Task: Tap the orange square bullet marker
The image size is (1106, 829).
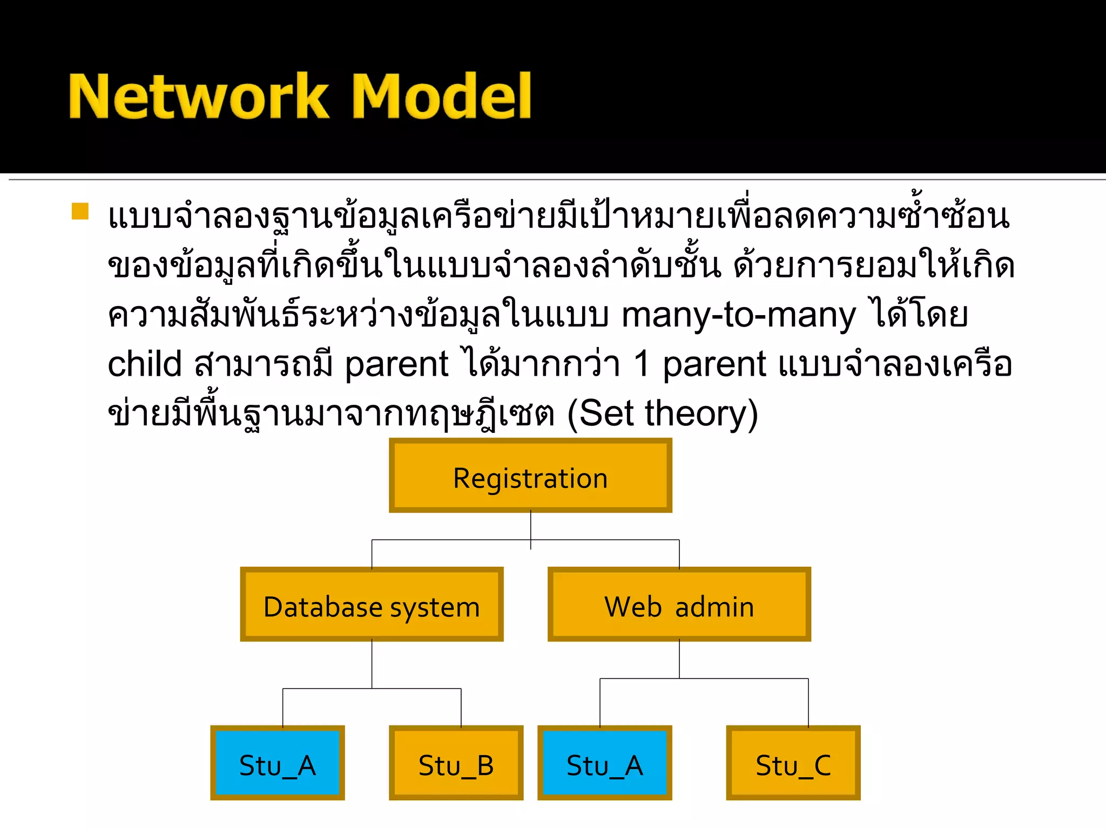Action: click(x=80, y=211)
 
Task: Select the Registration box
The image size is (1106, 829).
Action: click(x=530, y=475)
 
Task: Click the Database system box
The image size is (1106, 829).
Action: click(x=372, y=604)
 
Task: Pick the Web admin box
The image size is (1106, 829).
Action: click(x=679, y=604)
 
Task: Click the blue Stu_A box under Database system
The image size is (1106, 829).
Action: click(x=278, y=763)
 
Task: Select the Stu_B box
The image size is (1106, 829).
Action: click(x=456, y=763)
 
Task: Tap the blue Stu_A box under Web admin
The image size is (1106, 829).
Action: click(x=604, y=763)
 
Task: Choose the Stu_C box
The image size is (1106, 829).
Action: click(x=793, y=763)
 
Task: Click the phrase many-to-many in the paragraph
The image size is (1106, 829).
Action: click(x=738, y=315)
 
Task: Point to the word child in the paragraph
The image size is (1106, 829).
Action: click(x=144, y=364)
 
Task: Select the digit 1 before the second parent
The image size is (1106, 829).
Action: click(x=642, y=364)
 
